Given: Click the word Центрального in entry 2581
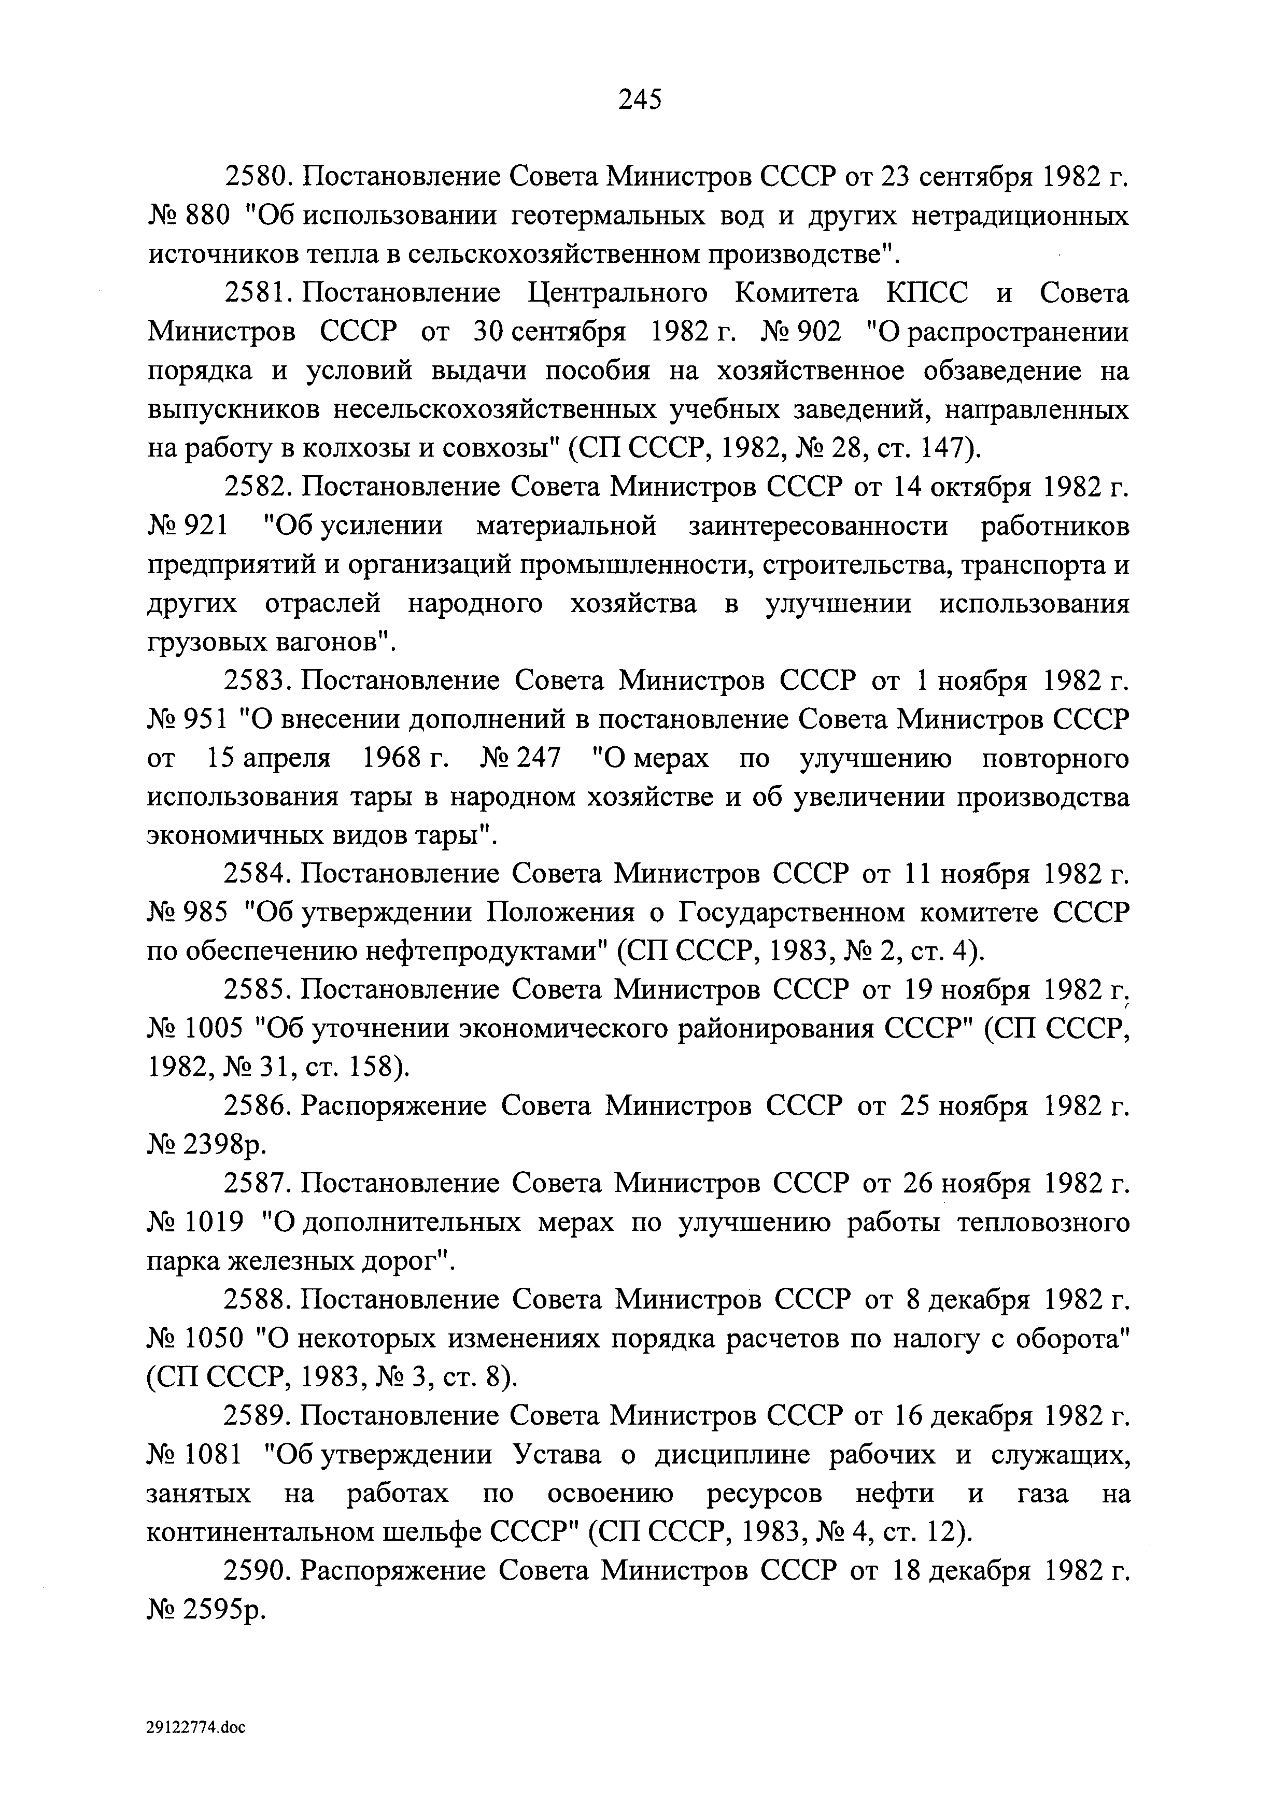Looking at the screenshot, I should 617,294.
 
